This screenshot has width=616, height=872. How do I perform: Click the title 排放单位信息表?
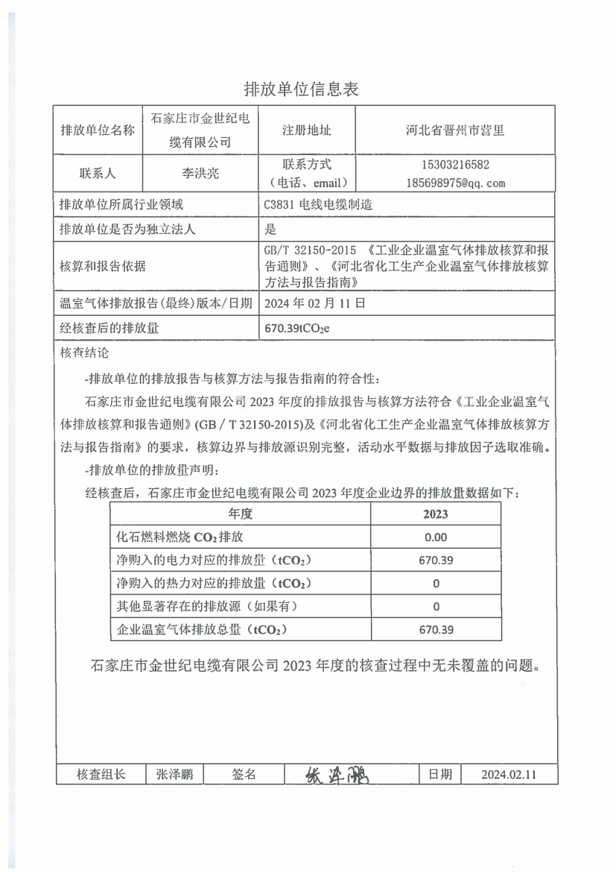tap(302, 90)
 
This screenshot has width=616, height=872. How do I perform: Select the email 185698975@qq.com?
tap(456, 183)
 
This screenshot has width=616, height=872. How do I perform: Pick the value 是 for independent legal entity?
tap(270, 230)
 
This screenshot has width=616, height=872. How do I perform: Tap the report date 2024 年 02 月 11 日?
tap(315, 303)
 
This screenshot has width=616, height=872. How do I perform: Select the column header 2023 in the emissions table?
tap(436, 514)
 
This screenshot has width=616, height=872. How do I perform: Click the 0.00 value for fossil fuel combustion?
tap(436, 537)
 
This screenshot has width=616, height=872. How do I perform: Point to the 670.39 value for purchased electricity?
tap(436, 560)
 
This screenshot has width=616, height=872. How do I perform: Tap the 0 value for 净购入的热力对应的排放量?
tap(436, 584)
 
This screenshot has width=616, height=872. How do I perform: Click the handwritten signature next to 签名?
tap(337, 774)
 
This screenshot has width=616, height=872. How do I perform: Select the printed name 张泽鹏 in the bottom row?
tap(175, 774)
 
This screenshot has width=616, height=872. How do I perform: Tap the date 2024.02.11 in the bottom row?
tap(509, 774)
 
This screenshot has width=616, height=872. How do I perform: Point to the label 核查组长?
tap(101, 774)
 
